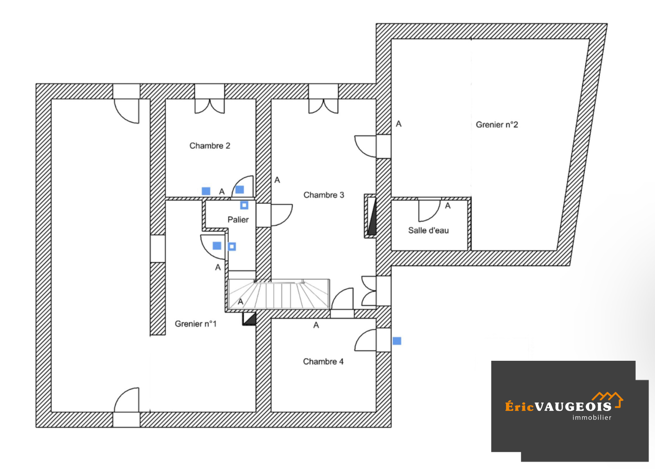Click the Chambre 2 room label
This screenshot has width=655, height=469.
[x=210, y=146]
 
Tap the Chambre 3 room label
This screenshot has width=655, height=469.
[x=323, y=195]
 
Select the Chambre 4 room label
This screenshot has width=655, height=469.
[x=323, y=362]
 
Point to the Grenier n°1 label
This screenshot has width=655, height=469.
[x=195, y=324]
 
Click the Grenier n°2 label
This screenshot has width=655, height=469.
[x=497, y=125]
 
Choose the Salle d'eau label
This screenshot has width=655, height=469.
[x=428, y=230]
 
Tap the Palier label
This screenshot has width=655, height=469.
[x=238, y=220]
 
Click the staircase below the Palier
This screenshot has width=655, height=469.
[x=278, y=294]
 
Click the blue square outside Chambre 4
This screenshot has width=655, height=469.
[x=397, y=341]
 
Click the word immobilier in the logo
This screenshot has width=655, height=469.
[x=592, y=418]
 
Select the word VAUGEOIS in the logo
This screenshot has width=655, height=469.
[x=573, y=407]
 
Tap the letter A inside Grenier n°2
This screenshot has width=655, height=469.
[x=398, y=124]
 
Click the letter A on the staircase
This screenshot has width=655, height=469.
[x=240, y=302]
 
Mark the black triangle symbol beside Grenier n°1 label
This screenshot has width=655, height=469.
[x=249, y=319]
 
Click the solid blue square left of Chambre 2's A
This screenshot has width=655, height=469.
[x=206, y=191]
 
